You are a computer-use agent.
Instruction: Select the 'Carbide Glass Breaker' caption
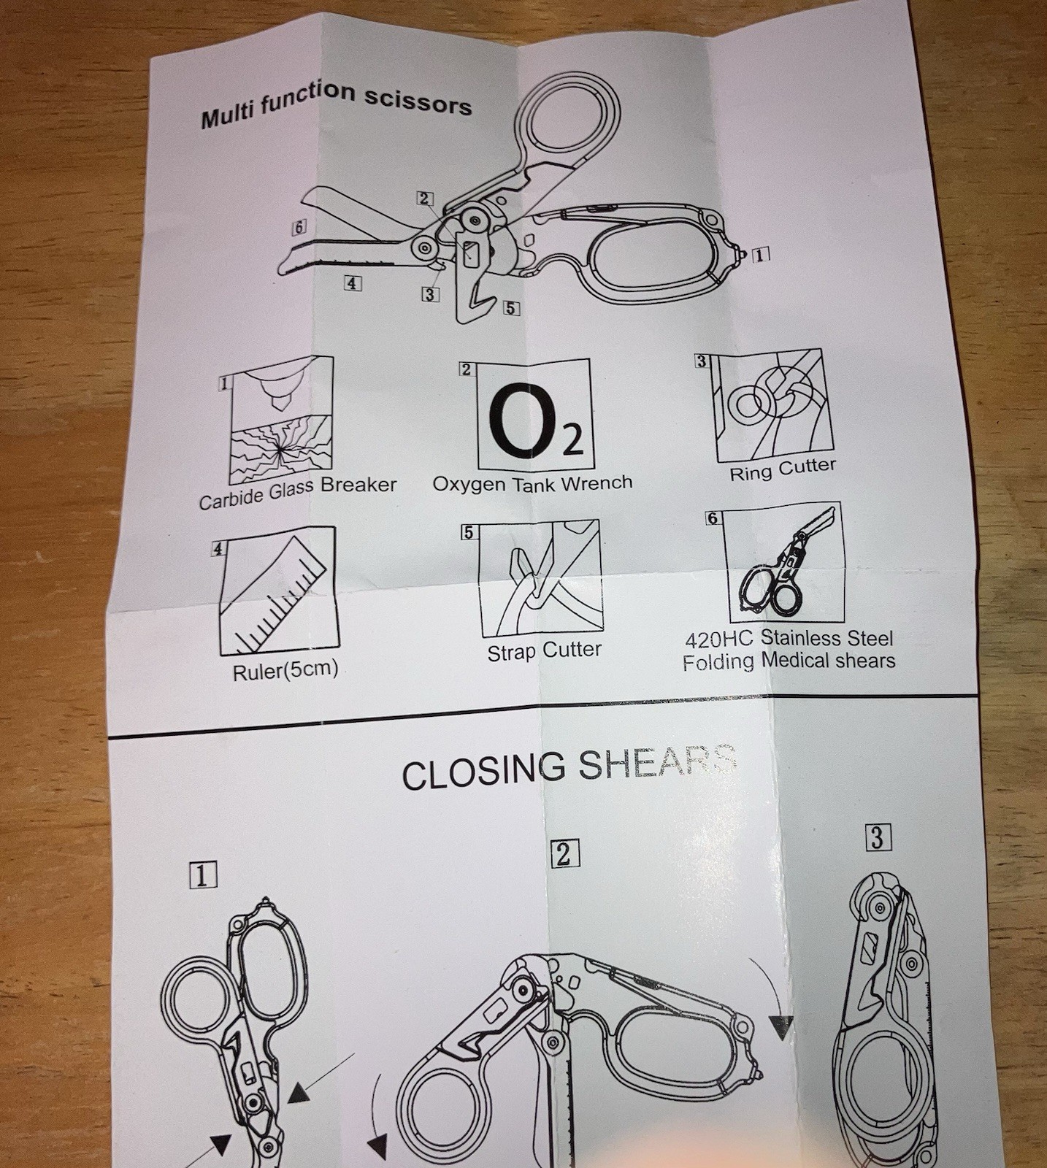coord(298,493)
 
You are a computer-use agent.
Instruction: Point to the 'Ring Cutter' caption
coord(783,469)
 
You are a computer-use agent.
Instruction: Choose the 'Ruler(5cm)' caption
coord(285,671)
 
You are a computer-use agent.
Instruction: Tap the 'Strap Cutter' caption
coord(545,650)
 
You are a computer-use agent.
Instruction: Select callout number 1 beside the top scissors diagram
coord(760,255)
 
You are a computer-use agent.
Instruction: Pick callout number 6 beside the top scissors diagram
coord(299,227)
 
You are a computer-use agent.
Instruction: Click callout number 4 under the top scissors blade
coord(353,283)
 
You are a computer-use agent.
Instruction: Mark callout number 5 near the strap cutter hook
coord(512,308)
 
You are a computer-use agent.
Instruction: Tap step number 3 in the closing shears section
coord(877,837)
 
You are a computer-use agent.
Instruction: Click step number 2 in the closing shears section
coord(564,853)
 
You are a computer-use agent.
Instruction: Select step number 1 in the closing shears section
coord(202,875)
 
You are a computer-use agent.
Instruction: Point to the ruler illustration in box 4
coord(278,591)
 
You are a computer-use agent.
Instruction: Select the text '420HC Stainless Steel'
coord(789,639)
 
